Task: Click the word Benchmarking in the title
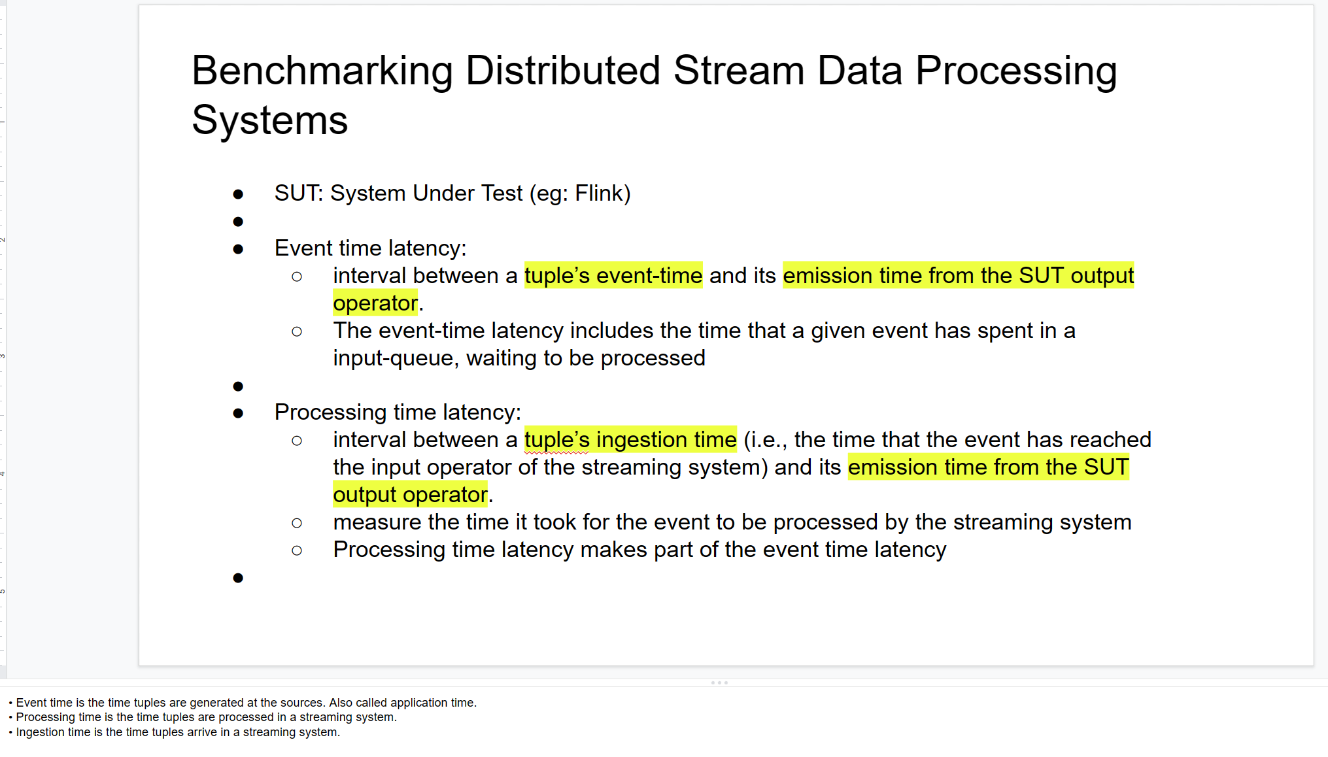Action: tap(322, 71)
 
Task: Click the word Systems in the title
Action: tap(269, 120)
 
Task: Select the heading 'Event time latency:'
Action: tap(370, 248)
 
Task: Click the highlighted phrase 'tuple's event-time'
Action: tap(613, 276)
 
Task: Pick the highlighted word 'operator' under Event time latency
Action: tap(375, 303)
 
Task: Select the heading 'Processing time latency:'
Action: tap(398, 412)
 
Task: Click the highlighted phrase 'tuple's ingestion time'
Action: tap(630, 440)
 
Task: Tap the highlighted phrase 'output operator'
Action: tap(410, 495)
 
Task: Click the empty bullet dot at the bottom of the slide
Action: tap(238, 578)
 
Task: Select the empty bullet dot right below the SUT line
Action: tap(238, 222)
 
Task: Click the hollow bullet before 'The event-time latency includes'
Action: tap(297, 332)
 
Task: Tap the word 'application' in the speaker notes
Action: tap(421, 703)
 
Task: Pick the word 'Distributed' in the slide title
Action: tap(562, 71)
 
